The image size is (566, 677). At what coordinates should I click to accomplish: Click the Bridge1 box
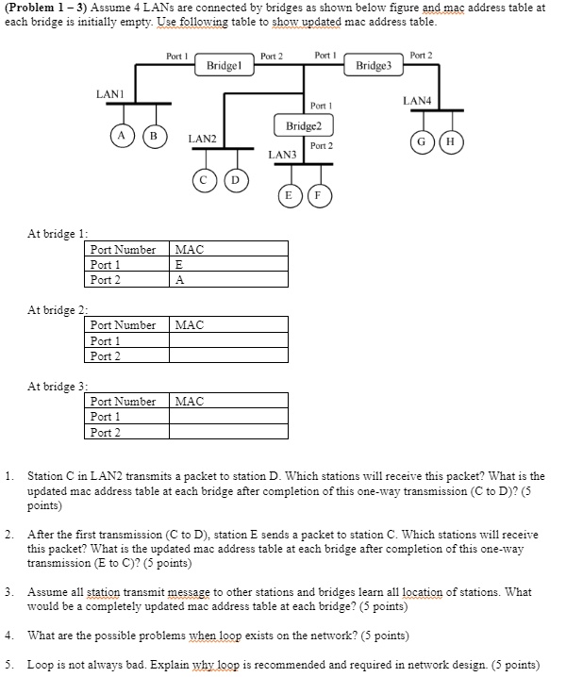225,66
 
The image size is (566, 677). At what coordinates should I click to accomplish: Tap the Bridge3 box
378,66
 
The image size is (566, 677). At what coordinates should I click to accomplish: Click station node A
121,134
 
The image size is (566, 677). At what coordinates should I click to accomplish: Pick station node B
151,134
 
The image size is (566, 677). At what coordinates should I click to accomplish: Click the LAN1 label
109,93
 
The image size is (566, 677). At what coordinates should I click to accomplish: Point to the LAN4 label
417,99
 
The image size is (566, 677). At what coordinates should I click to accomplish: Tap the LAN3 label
281,154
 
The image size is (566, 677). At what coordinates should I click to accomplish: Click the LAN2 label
202,139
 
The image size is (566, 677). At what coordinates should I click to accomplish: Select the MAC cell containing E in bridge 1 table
229,265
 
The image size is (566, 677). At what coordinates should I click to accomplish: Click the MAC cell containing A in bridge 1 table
229,280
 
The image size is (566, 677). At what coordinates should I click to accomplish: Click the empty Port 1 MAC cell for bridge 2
229,340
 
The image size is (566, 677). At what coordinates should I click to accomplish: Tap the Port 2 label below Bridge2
322,146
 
